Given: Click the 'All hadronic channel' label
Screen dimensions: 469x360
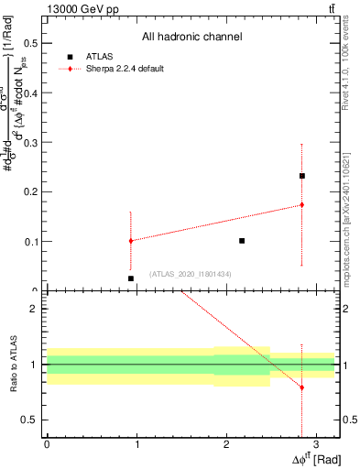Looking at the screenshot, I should click(x=191, y=38).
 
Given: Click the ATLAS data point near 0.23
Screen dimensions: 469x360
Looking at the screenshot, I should click(x=301, y=176).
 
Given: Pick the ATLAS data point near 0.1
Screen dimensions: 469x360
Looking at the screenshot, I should click(x=242, y=241).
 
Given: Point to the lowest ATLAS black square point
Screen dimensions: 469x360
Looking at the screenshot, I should click(x=131, y=278).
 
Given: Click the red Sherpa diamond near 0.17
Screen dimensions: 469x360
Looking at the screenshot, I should click(x=301, y=205).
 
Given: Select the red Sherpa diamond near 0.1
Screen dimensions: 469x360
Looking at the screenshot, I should click(x=131, y=241).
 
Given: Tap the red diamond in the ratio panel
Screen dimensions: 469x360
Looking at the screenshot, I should click(x=301, y=387).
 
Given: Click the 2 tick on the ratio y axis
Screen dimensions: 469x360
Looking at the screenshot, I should click(x=34, y=309).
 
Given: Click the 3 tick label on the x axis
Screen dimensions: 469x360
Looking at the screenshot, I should click(x=316, y=444).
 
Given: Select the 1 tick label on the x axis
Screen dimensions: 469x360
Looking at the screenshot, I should click(x=136, y=444).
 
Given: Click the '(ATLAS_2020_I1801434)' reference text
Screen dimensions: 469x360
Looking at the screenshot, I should click(x=191, y=274).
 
